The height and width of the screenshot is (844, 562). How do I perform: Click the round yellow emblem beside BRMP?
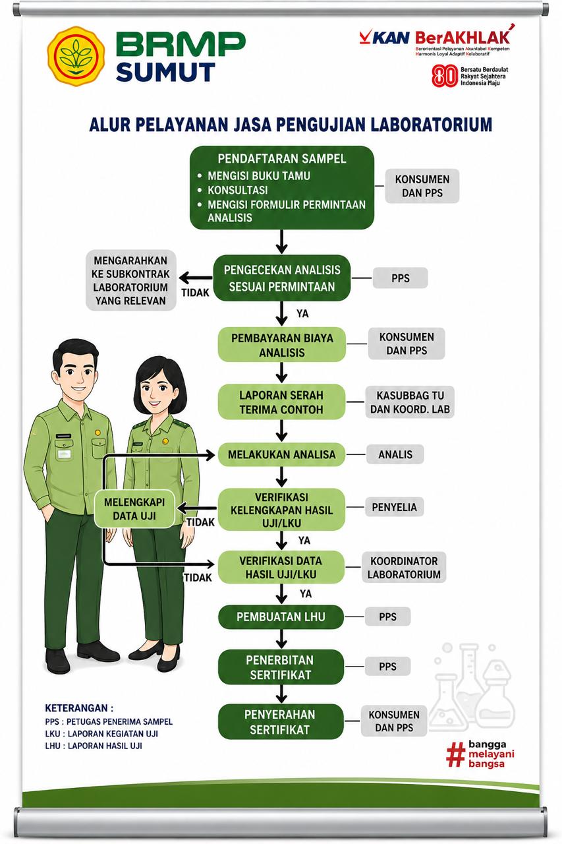click(76, 56)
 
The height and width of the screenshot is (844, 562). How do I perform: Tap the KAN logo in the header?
click(384, 38)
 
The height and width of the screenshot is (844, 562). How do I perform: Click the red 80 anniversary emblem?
click(445, 76)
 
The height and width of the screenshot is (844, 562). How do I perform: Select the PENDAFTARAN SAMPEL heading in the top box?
click(281, 159)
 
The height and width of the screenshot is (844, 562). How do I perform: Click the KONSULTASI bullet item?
click(238, 191)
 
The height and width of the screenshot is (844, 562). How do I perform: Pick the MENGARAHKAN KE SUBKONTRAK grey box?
click(130, 280)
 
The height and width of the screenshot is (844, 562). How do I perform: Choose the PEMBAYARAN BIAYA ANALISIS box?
click(281, 345)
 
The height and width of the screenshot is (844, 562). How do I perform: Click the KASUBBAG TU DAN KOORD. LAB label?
click(410, 402)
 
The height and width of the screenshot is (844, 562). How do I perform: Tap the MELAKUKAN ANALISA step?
click(281, 454)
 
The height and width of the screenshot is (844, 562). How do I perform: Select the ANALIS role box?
click(395, 454)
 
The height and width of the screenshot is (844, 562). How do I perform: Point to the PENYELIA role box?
click(394, 507)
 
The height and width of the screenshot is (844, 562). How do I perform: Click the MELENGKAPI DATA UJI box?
click(134, 508)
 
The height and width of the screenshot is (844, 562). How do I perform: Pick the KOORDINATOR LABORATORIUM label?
click(404, 568)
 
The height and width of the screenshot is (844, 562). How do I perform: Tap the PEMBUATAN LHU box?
click(281, 617)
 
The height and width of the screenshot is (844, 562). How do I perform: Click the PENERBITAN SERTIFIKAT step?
click(281, 667)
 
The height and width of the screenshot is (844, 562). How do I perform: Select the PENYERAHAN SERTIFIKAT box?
click(281, 721)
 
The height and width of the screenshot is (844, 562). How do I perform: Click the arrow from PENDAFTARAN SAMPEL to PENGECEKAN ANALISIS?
click(281, 241)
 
